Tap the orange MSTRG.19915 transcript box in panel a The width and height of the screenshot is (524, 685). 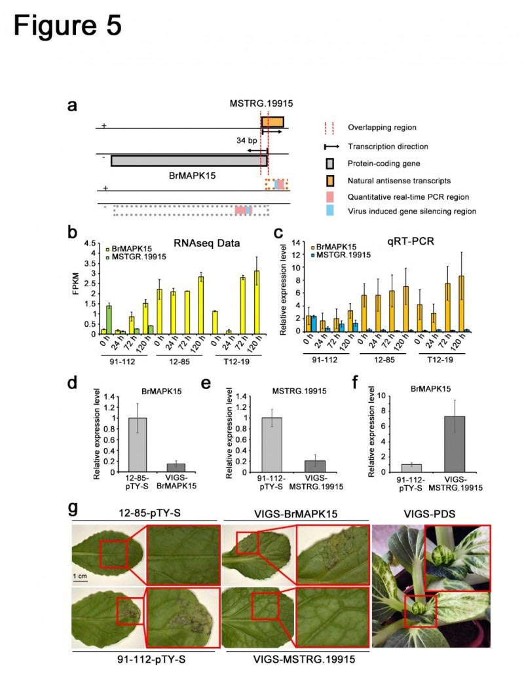coord(272,122)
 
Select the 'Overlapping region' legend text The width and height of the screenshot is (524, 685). coord(382,127)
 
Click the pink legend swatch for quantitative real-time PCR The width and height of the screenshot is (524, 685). coord(329,196)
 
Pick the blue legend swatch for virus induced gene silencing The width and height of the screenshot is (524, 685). coord(329,211)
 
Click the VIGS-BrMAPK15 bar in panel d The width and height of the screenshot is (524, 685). coord(157,467)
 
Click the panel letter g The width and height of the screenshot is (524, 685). coord(76,508)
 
